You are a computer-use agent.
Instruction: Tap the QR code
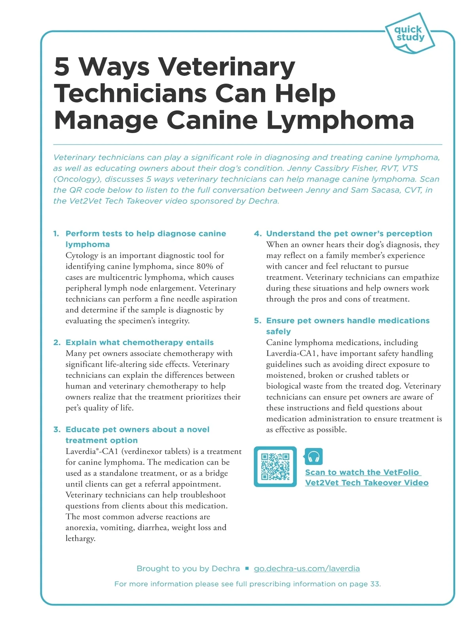tap(275, 467)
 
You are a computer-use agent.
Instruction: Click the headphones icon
tap(313, 457)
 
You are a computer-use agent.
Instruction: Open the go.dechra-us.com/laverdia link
tap(307, 569)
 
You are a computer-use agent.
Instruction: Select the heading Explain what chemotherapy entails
tap(139, 343)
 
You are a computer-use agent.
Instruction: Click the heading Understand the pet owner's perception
tap(349, 234)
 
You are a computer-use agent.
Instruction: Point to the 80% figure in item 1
tap(205, 266)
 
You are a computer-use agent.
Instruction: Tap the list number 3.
tap(57, 430)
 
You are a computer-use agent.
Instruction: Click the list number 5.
tap(258, 321)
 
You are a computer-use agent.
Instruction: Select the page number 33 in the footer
tap(374, 584)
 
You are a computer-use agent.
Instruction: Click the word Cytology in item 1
tap(82, 255)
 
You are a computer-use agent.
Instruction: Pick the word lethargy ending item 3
tap(80, 539)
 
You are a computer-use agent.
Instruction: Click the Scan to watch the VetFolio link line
tap(362, 472)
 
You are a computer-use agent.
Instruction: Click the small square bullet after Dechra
tap(247, 569)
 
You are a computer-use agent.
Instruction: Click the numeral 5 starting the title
tap(62, 67)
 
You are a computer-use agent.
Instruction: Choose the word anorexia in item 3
tap(81, 527)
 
